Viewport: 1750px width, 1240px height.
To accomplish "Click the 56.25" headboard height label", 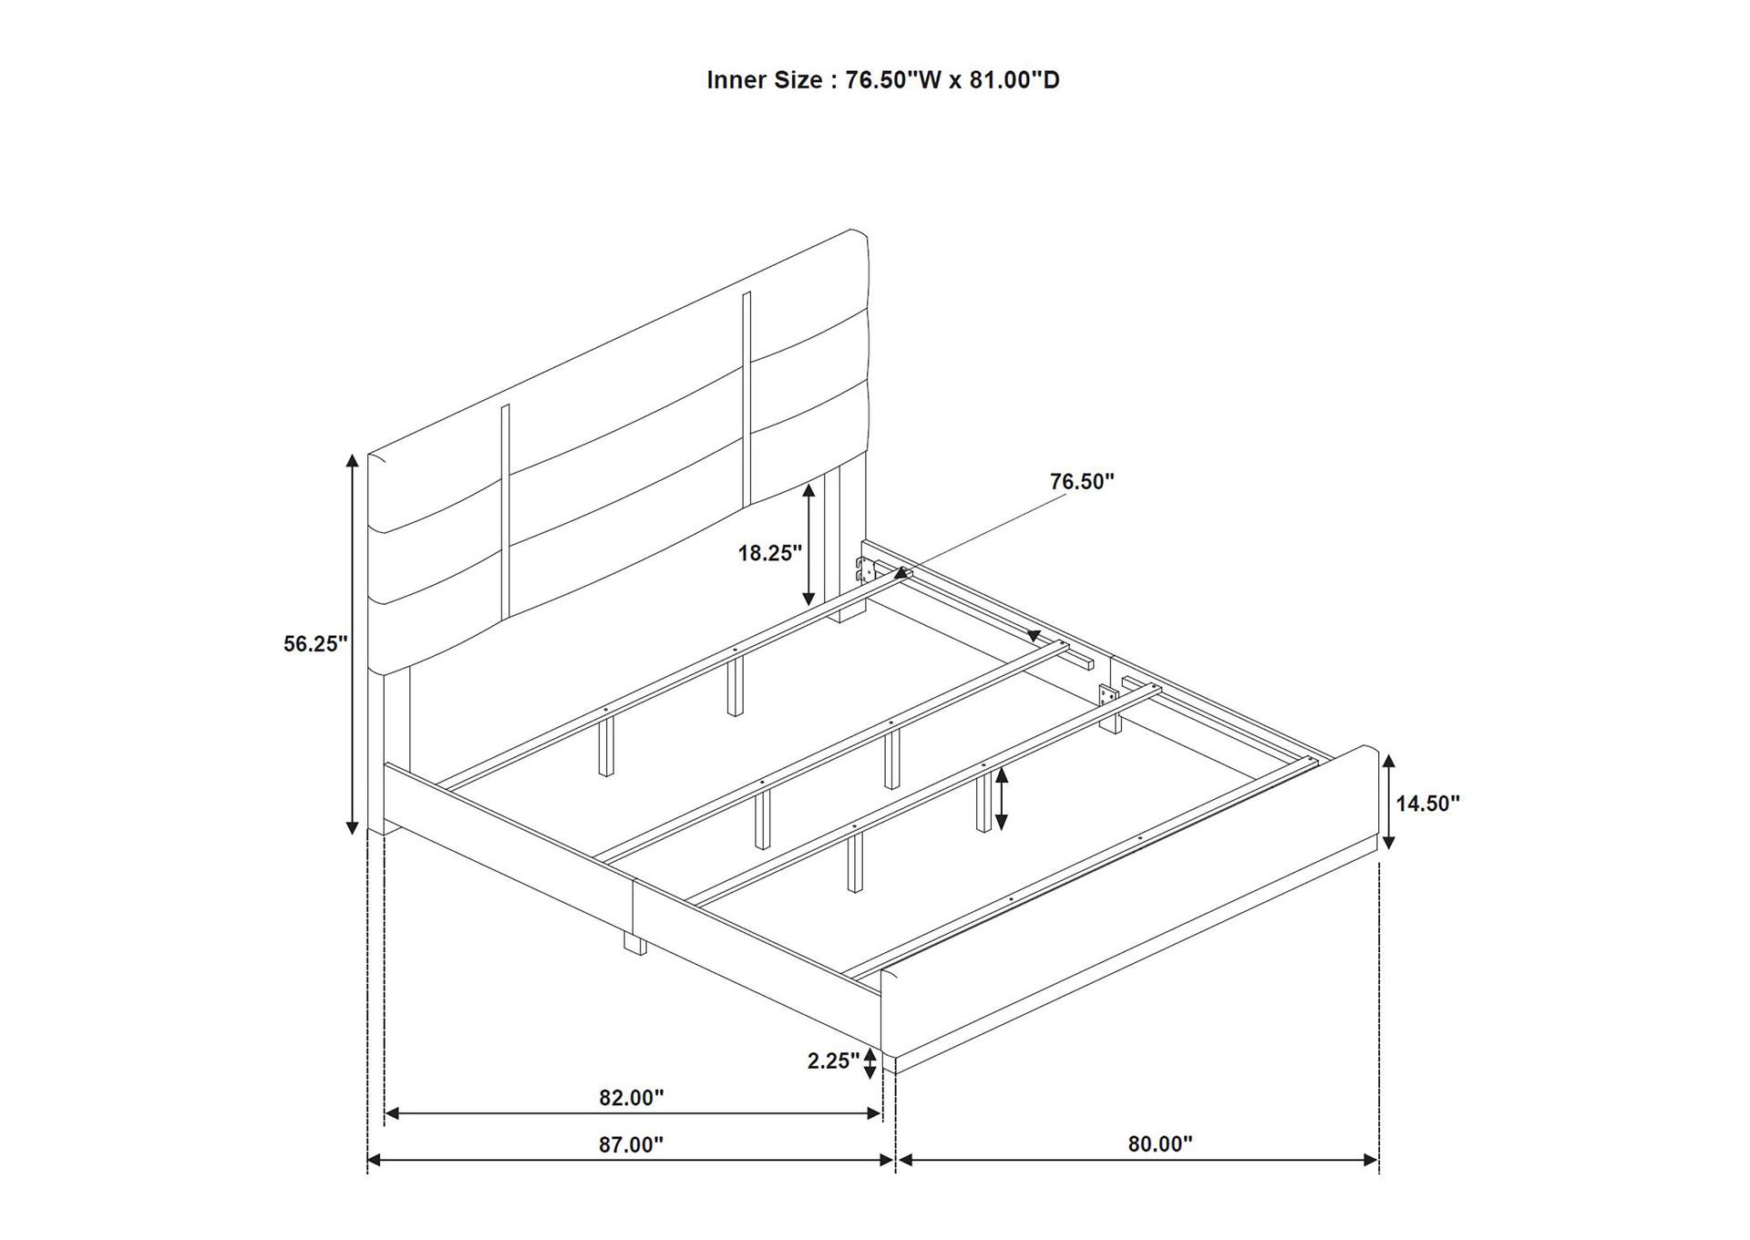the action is (x=315, y=644).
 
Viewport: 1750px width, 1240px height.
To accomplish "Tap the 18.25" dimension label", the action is (x=770, y=552).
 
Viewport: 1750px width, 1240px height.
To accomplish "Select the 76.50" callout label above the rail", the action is (x=1082, y=481).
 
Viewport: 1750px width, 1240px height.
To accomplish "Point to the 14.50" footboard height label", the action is (x=1428, y=803).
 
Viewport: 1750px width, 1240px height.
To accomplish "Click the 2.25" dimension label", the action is (x=834, y=1061).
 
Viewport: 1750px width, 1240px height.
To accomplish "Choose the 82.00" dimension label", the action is (x=632, y=1098).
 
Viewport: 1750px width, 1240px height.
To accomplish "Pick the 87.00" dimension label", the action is (x=631, y=1144).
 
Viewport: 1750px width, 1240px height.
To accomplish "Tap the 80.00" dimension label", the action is (x=1160, y=1143).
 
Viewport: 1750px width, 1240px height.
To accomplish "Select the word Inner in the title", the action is (x=736, y=80).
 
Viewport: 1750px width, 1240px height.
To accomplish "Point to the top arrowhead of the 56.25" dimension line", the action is (x=352, y=460).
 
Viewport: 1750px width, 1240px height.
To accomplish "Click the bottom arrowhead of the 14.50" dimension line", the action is (x=1388, y=843).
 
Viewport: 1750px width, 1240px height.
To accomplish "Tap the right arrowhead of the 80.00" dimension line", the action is (x=1370, y=1160).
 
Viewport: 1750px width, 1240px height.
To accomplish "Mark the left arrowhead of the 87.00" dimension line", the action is (x=375, y=1160).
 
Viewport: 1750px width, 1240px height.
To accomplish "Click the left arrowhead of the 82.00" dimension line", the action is (x=393, y=1113).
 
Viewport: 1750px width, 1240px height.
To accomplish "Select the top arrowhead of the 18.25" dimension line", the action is (x=808, y=492).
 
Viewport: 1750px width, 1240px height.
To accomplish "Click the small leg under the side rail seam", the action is (x=634, y=942).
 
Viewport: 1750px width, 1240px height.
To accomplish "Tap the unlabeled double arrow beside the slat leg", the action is (x=1002, y=799).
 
